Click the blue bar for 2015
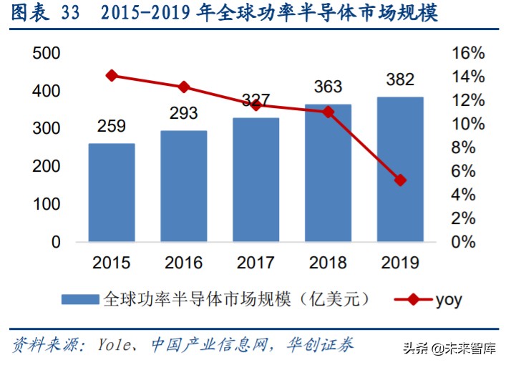pos(112,193)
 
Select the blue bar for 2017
pos(256,180)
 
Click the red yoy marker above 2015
pos(112,75)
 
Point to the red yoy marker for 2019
pos(400,180)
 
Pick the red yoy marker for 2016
pos(184,87)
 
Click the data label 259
pos(112,127)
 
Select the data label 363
pos(329,87)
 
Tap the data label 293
pos(184,113)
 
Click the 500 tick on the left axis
pos(47,54)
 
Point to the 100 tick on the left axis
pos(47,205)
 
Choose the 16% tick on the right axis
pos(469,54)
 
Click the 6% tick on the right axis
pos(472,172)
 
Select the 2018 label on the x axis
pos(329,263)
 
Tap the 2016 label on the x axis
pos(184,263)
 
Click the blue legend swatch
pos(79,299)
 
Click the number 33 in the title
pos(69,14)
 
